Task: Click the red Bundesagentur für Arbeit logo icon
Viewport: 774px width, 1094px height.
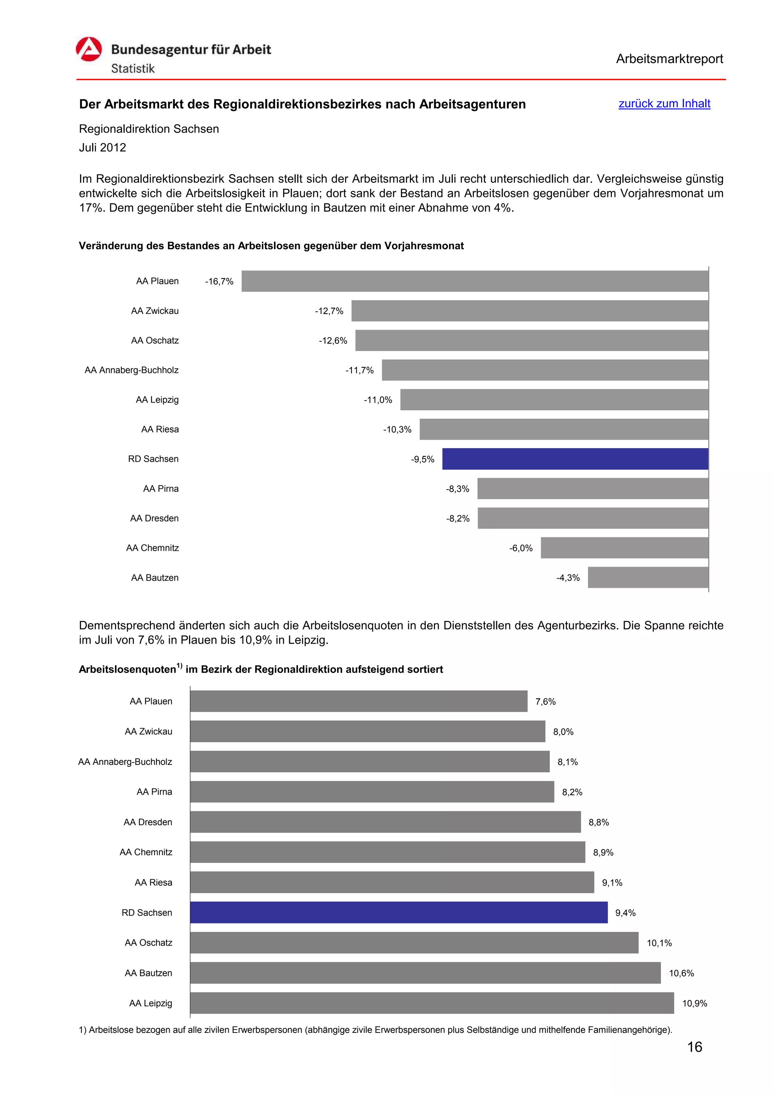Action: coord(89,49)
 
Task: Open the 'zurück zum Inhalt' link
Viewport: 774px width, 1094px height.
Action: coord(664,103)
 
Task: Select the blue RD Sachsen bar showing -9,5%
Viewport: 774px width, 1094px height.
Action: coord(575,459)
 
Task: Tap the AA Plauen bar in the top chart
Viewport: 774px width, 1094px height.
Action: coord(475,281)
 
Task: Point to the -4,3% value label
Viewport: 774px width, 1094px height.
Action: coord(568,578)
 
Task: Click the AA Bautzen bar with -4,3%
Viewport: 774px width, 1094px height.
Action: coord(648,578)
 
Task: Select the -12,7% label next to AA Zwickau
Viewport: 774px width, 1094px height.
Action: coord(329,311)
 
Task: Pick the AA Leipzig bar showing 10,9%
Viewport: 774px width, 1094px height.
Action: coord(432,1003)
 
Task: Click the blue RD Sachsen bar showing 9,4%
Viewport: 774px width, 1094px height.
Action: coord(399,912)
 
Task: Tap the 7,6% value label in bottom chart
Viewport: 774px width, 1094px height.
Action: coord(546,701)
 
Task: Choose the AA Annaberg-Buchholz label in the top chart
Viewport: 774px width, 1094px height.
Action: coord(132,370)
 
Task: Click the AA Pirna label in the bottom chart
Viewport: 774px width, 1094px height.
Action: coord(154,792)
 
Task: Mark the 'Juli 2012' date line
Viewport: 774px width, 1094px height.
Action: coord(102,148)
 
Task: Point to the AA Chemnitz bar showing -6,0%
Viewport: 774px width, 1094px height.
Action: coord(624,548)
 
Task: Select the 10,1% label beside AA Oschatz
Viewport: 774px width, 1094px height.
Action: coord(659,943)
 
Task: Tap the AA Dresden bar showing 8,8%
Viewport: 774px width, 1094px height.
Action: coord(385,822)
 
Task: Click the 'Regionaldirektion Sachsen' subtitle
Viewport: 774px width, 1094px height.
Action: coord(149,129)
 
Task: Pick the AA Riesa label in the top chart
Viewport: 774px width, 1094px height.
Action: coord(160,429)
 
